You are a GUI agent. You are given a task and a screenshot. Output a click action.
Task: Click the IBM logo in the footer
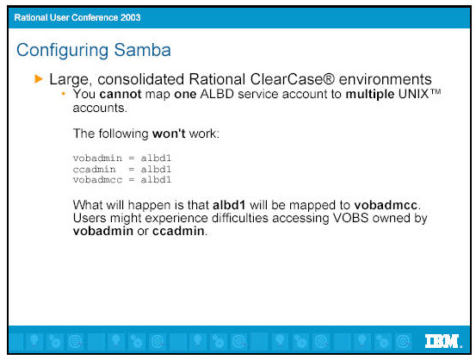point(443,341)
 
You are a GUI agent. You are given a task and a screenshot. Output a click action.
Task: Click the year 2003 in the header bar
point(130,17)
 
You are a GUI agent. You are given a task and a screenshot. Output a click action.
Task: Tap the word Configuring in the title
point(62,51)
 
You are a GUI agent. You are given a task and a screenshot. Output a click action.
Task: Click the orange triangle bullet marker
point(39,79)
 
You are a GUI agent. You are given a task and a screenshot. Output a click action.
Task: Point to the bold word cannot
point(121,94)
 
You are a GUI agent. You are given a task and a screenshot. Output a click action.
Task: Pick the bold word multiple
point(370,95)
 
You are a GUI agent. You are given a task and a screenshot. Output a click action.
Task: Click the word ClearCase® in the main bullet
point(292,79)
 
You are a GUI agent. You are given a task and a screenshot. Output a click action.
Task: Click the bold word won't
point(169,133)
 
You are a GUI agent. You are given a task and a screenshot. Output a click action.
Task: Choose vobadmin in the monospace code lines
point(97,158)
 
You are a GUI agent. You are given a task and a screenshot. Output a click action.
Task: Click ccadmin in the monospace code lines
point(94,169)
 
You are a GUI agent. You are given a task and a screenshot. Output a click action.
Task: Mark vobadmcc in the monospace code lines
point(97,180)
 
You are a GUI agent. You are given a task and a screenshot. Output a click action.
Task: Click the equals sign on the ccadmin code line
point(131,169)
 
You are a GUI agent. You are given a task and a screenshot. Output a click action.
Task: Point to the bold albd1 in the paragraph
point(229,205)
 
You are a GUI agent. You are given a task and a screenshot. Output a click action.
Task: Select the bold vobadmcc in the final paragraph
point(386,205)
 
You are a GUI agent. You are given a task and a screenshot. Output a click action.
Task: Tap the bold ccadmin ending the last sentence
point(178,231)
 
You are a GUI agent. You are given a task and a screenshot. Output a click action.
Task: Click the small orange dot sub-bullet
point(64,94)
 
